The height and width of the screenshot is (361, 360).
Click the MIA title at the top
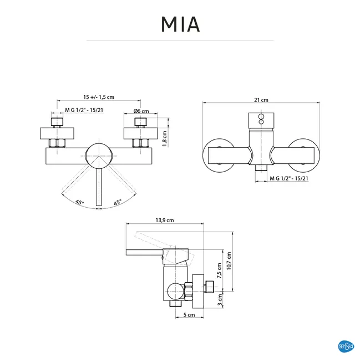coord(180,24)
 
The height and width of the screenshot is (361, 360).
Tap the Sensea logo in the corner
coord(346,346)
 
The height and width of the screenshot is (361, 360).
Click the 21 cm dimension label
coord(261,100)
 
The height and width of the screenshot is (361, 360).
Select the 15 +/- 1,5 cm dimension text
coord(99,97)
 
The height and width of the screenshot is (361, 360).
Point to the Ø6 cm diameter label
coord(141,111)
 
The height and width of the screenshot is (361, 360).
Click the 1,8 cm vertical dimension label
coord(165,138)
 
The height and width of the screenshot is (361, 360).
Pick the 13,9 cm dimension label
coord(165,220)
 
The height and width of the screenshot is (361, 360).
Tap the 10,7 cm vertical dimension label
coord(229,261)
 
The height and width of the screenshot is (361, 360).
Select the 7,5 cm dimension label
coord(219,271)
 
